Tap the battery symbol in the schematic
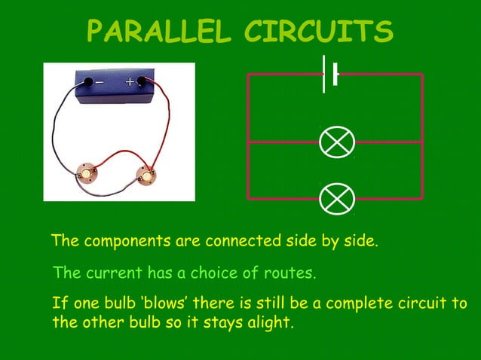point(329,74)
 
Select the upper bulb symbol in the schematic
point(336,142)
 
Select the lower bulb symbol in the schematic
point(336,198)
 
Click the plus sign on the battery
point(130,81)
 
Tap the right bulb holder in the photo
point(146,175)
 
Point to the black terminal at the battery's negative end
point(88,81)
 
